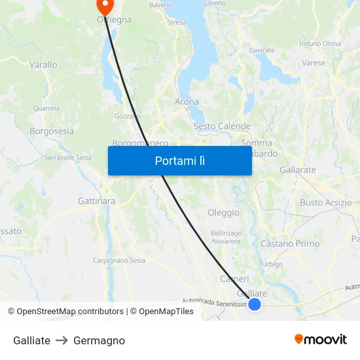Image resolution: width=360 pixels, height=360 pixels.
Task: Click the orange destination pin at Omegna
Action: pos(105,6)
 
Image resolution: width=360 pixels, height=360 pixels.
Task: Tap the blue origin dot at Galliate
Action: pos(255,304)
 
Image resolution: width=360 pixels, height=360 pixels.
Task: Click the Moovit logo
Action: pos(321,340)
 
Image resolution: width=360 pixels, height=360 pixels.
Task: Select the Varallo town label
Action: pos(43,65)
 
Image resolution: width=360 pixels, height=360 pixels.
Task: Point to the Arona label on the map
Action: pos(187,101)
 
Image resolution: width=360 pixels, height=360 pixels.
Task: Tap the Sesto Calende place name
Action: pos(222,126)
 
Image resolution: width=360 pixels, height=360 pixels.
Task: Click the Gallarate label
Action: pos(298,170)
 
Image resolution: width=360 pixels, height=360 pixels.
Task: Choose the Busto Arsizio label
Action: pos(325,202)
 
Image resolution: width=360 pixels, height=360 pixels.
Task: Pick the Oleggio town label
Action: pos(223,212)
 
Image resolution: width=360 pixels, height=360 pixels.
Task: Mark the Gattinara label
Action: pos(96,200)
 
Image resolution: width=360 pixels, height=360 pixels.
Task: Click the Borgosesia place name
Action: pos(52,131)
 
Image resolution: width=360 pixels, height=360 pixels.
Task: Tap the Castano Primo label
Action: pos(290,243)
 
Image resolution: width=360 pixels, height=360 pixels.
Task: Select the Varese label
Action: pos(314,63)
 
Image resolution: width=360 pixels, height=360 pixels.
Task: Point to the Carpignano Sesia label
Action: pos(119,261)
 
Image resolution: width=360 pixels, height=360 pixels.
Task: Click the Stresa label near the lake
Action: pos(177,22)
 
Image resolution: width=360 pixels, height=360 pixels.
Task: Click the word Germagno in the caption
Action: pos(99,340)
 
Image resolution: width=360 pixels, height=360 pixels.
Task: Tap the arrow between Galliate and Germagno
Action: pos(62,340)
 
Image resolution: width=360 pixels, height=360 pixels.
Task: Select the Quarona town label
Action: pos(46,108)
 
